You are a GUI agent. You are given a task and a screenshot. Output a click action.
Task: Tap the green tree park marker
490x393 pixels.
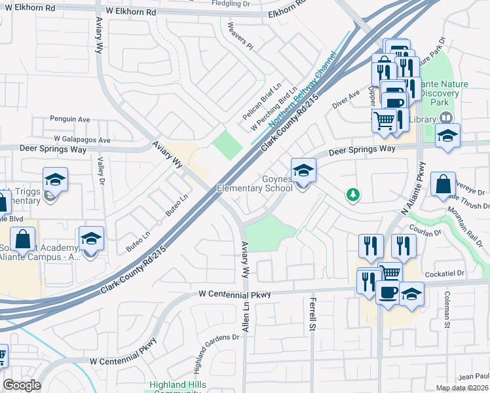(353, 195)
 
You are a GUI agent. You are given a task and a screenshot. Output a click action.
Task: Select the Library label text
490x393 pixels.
(425, 119)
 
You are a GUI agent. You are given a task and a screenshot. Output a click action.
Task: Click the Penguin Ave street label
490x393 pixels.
(70, 119)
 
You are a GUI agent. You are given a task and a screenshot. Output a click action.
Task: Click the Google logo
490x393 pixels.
(22, 385)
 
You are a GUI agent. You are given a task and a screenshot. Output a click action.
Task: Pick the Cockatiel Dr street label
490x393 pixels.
(443, 273)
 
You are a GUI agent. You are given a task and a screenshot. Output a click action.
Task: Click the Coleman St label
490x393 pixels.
(447, 310)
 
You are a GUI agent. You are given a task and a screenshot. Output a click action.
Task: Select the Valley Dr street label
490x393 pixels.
(102, 173)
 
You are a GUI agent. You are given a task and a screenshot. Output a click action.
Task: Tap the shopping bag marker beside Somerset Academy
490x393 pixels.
(23, 240)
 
